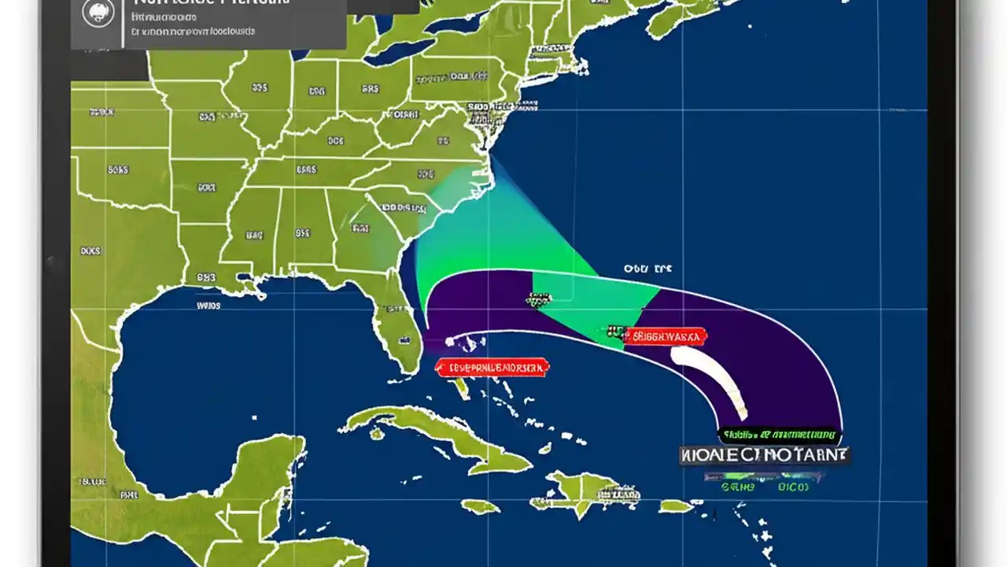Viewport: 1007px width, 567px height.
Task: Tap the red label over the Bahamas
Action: coord(492,366)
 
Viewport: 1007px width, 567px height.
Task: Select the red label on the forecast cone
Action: coord(665,337)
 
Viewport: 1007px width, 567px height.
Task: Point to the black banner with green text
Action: coord(778,435)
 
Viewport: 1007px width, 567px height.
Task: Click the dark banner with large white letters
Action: coord(764,455)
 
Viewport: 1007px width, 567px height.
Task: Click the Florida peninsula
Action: coord(397,331)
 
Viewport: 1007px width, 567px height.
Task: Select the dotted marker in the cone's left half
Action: coord(539,298)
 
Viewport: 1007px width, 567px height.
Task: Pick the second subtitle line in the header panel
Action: coord(193,32)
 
